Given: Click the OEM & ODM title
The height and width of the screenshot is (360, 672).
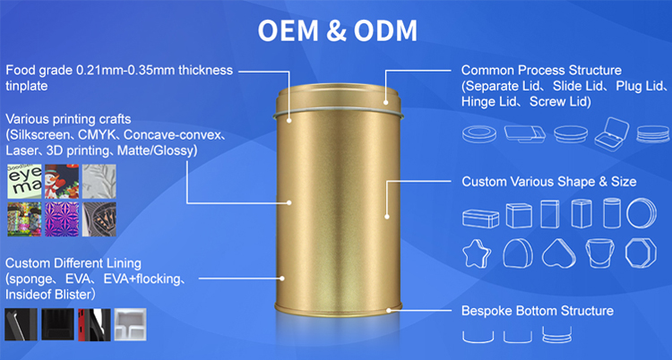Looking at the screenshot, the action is tap(337, 30).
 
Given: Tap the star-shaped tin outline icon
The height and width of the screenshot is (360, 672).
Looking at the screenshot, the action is tap(477, 254).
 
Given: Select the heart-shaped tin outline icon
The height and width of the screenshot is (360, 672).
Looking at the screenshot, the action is tap(559, 254).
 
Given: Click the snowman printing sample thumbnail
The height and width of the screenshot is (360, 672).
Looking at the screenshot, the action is tap(62, 181).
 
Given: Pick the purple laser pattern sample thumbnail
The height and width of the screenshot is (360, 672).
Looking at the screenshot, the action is tap(62, 219).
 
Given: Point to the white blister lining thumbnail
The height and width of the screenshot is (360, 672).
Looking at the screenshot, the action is tap(130, 324).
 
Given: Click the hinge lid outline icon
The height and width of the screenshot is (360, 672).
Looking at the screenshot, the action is tap(612, 134).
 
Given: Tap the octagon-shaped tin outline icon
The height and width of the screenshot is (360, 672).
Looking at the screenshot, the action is tap(641, 253).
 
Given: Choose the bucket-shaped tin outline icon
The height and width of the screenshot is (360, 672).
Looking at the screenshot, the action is tap(599, 253).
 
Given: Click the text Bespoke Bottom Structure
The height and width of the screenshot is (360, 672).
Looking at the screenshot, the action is tap(538, 311).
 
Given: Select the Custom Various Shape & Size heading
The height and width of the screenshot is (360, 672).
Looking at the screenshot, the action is tap(549, 182).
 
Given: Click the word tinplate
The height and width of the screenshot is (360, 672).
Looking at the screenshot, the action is tap(27, 86).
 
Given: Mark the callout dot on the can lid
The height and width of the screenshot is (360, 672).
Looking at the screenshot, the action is tap(385, 102).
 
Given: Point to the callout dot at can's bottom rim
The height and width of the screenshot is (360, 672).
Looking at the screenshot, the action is tap(389, 310).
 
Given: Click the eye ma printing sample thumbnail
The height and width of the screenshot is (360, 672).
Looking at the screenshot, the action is tap(24, 181).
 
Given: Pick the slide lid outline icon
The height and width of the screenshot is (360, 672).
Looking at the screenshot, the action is tap(525, 134).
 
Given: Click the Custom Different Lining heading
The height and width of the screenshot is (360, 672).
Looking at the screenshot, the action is tap(73, 263).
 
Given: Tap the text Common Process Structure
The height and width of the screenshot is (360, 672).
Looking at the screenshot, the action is tap(541, 70).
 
